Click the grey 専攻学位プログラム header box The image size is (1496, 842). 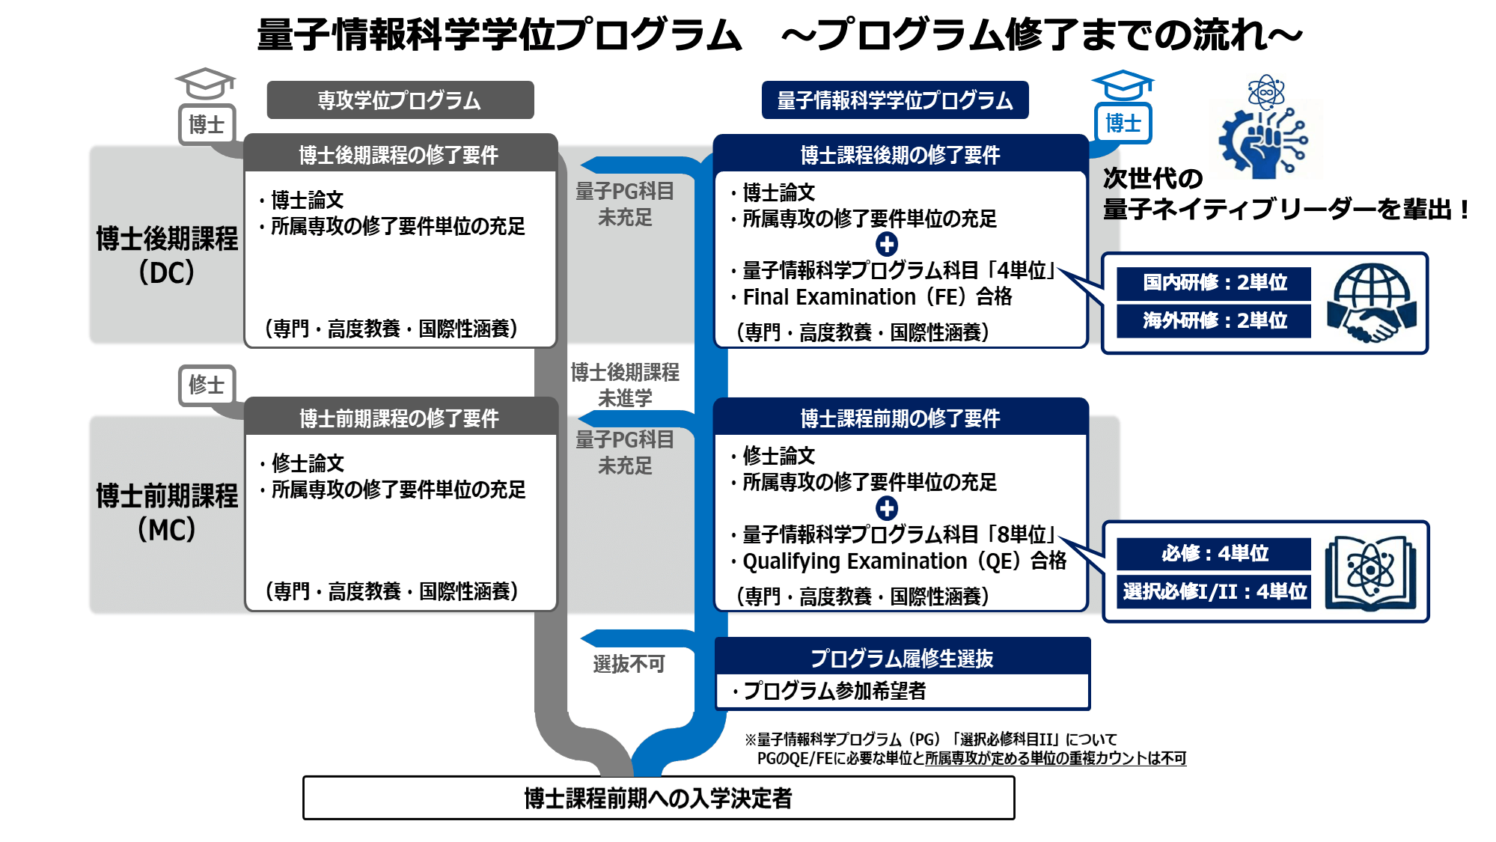pos(400,100)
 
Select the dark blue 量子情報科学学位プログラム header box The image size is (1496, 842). pos(894,100)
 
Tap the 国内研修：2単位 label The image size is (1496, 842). pos(1214,282)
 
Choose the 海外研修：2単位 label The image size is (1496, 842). pos(1214,320)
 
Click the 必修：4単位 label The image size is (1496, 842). pos(1214,553)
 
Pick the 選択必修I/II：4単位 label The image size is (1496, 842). pos(1214,591)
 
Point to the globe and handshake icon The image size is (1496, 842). pos(1371,302)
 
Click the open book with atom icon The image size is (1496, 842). pos(1370,572)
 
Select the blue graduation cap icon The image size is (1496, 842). pos(1122,85)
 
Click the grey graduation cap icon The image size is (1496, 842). pos(204,82)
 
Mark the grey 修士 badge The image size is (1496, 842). pos(207,385)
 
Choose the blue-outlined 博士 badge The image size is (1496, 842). pos(1123,123)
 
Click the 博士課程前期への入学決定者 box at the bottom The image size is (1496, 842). pos(659,798)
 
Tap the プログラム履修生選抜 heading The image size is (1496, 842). pos(902,658)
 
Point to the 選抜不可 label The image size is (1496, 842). pos(629,664)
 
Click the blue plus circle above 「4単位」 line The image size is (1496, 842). pos(887,244)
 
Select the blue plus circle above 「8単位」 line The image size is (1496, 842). pos(887,508)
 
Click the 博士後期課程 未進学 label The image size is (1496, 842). pos(625,385)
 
